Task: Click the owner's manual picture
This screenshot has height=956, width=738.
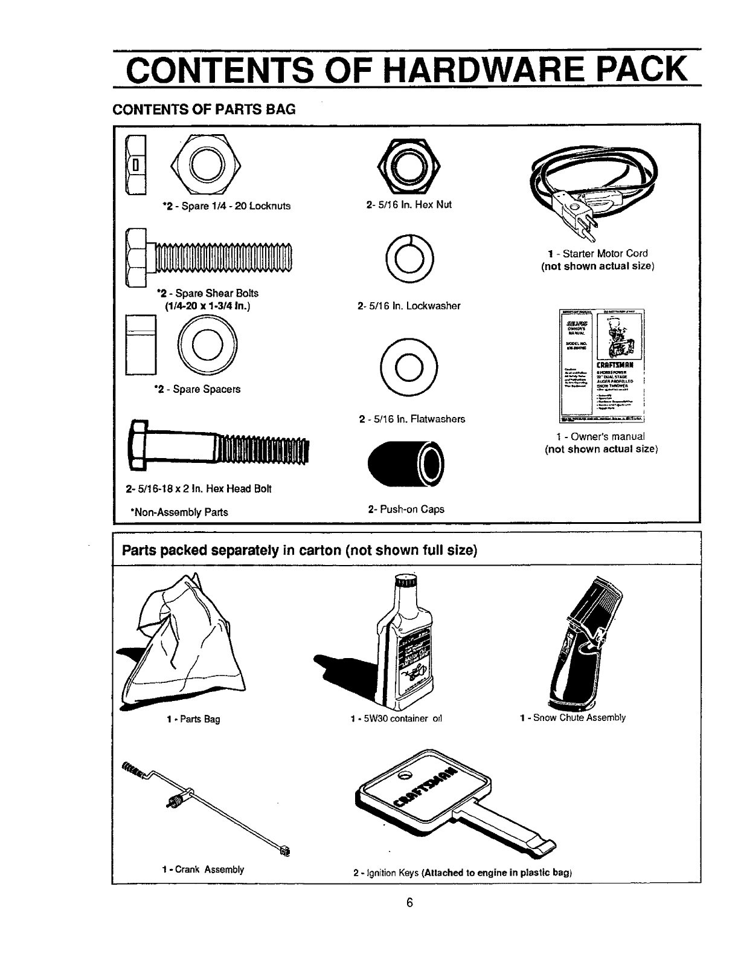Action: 603,364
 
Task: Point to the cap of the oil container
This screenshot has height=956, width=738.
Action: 405,584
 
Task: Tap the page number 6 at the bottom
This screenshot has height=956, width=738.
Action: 409,920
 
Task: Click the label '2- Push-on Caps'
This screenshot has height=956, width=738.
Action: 406,509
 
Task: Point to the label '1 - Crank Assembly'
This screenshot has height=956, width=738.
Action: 203,870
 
